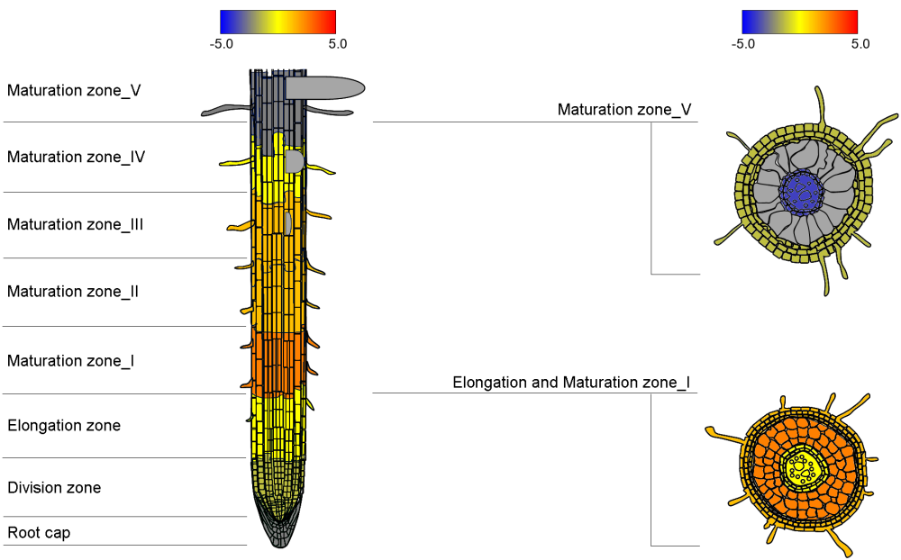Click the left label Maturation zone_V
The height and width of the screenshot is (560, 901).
(x=74, y=91)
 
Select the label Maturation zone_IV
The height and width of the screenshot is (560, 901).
(x=76, y=158)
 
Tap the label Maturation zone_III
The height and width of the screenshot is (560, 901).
(x=76, y=224)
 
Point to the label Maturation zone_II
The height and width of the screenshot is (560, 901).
(x=73, y=292)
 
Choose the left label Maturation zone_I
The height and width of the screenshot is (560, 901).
(x=71, y=361)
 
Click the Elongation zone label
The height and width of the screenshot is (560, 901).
(x=64, y=426)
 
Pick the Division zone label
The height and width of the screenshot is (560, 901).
(x=54, y=488)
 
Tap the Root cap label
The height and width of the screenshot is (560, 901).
(x=39, y=533)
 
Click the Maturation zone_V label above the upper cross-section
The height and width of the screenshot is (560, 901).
(x=624, y=110)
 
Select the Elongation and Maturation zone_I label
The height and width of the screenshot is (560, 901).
(x=571, y=383)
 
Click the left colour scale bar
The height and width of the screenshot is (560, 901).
(x=278, y=22)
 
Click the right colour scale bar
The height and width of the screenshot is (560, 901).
(x=799, y=22)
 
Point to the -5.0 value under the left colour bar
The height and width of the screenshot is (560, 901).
(x=223, y=43)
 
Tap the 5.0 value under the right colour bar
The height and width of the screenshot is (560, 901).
(x=860, y=43)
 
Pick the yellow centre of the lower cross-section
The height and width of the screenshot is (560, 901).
(x=799, y=469)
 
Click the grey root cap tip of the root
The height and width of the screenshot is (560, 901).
(x=277, y=535)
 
